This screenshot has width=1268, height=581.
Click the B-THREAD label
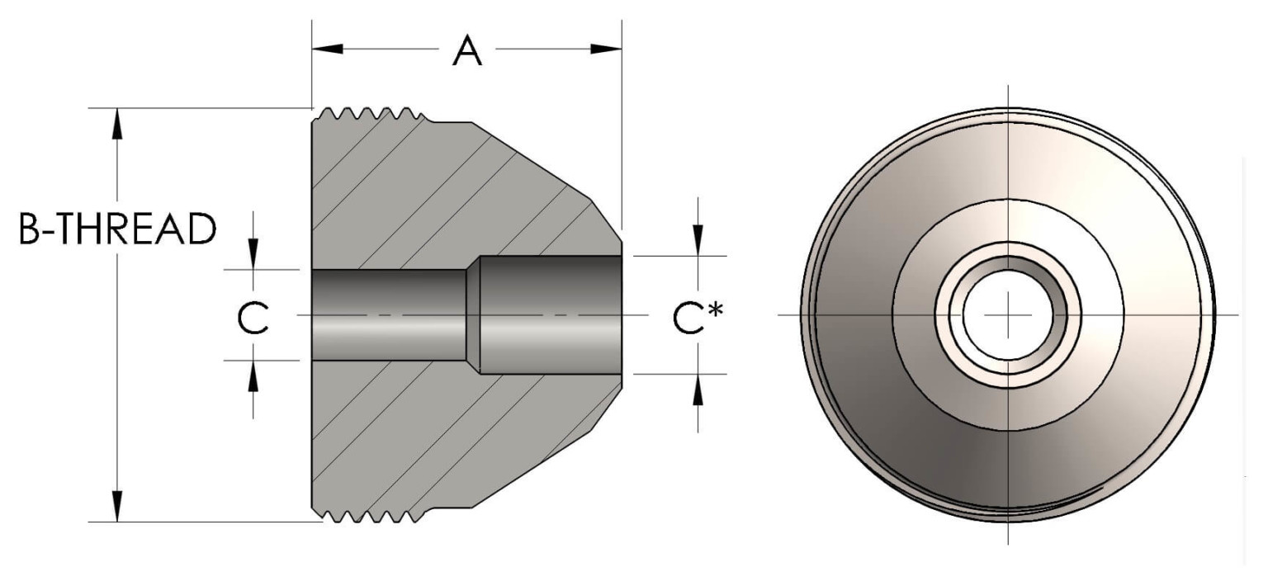[117, 230]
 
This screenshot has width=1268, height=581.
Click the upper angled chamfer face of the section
[537, 161]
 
